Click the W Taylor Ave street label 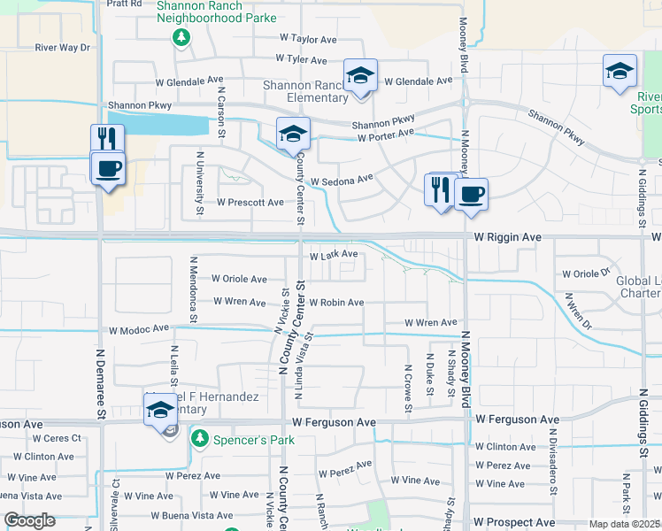pos(308,39)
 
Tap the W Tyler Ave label pos(303,58)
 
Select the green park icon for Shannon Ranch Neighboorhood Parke pos(181,37)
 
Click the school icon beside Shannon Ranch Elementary pos(360,77)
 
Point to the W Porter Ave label pos(386,135)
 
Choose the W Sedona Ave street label pos(341,181)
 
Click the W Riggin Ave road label pos(507,238)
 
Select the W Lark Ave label pos(333,255)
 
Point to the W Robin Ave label pos(335,303)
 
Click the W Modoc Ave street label pos(138,329)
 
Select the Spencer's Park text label pos(242,439)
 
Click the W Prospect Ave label pos(512,523)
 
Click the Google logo pos(30,520)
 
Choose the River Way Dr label pos(63,48)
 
